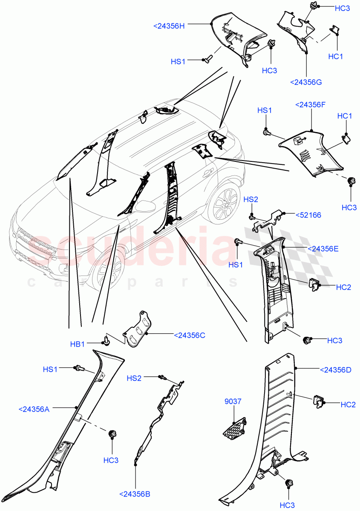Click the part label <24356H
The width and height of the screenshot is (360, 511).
tap(169, 26)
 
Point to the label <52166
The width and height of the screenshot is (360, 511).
tap(309, 215)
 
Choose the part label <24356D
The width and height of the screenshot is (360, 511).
tap(335, 370)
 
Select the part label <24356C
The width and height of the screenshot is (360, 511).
tap(190, 335)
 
